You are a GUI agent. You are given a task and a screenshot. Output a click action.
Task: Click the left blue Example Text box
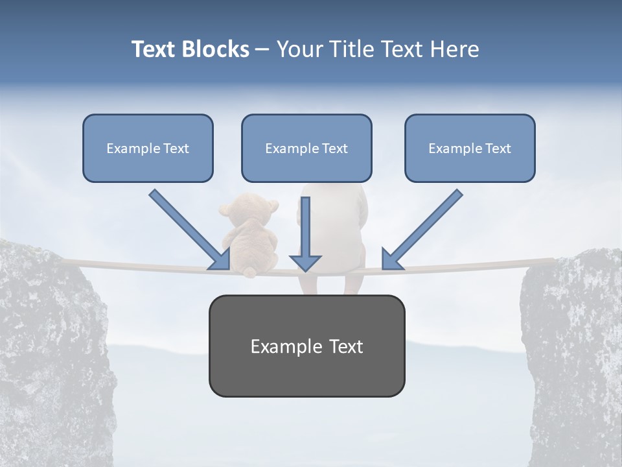click(148, 148)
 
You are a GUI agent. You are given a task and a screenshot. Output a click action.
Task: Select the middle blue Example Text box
click(306, 148)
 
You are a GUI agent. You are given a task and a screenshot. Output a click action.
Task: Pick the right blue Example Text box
click(470, 148)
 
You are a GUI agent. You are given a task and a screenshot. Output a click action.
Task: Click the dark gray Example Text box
click(306, 346)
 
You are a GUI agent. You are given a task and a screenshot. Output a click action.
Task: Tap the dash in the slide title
click(262, 49)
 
